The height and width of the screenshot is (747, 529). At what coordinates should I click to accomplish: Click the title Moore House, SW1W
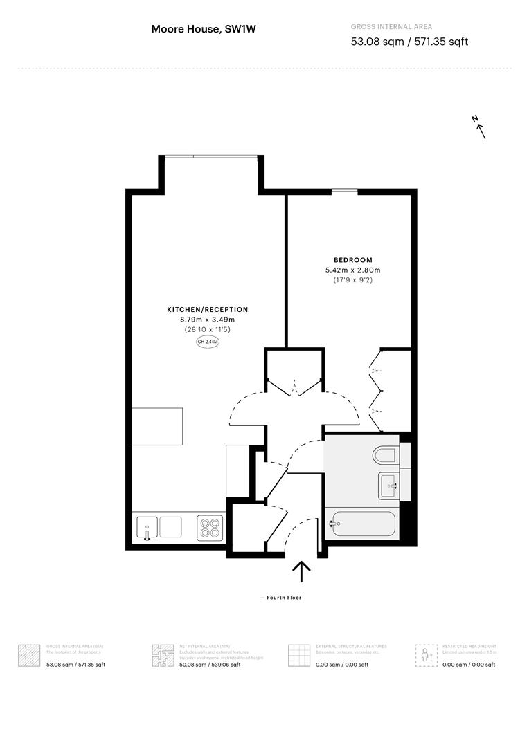tap(198, 29)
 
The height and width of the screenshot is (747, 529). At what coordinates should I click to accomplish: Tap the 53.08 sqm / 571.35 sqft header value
tap(409, 41)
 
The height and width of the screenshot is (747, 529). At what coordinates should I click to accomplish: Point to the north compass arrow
tap(478, 127)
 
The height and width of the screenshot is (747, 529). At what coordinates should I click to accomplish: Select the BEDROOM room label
tap(353, 260)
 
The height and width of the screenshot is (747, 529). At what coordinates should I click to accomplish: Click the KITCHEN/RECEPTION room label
tap(207, 310)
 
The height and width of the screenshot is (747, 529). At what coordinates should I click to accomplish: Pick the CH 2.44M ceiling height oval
tap(208, 342)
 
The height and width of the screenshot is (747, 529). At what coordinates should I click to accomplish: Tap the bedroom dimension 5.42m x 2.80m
tap(353, 270)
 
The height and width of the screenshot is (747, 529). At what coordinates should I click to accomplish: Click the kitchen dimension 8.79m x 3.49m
tap(207, 320)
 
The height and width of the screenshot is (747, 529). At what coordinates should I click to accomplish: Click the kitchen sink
tap(147, 528)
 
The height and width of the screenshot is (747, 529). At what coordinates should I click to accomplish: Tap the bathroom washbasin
tap(389, 484)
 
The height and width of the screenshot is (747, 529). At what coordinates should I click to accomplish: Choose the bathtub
tap(364, 524)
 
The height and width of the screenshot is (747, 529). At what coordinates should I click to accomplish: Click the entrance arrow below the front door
tap(301, 571)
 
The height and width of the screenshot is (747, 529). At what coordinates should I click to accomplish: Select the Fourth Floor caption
tap(281, 598)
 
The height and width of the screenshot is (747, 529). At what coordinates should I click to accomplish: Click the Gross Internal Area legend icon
tap(28, 655)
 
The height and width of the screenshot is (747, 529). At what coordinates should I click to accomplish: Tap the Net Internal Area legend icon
tap(162, 655)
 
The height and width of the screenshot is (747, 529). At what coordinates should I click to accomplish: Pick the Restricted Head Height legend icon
tap(426, 655)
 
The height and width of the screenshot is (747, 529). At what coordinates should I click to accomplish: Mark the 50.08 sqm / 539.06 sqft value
tap(210, 665)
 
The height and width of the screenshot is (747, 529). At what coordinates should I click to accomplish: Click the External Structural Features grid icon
tap(298, 655)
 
